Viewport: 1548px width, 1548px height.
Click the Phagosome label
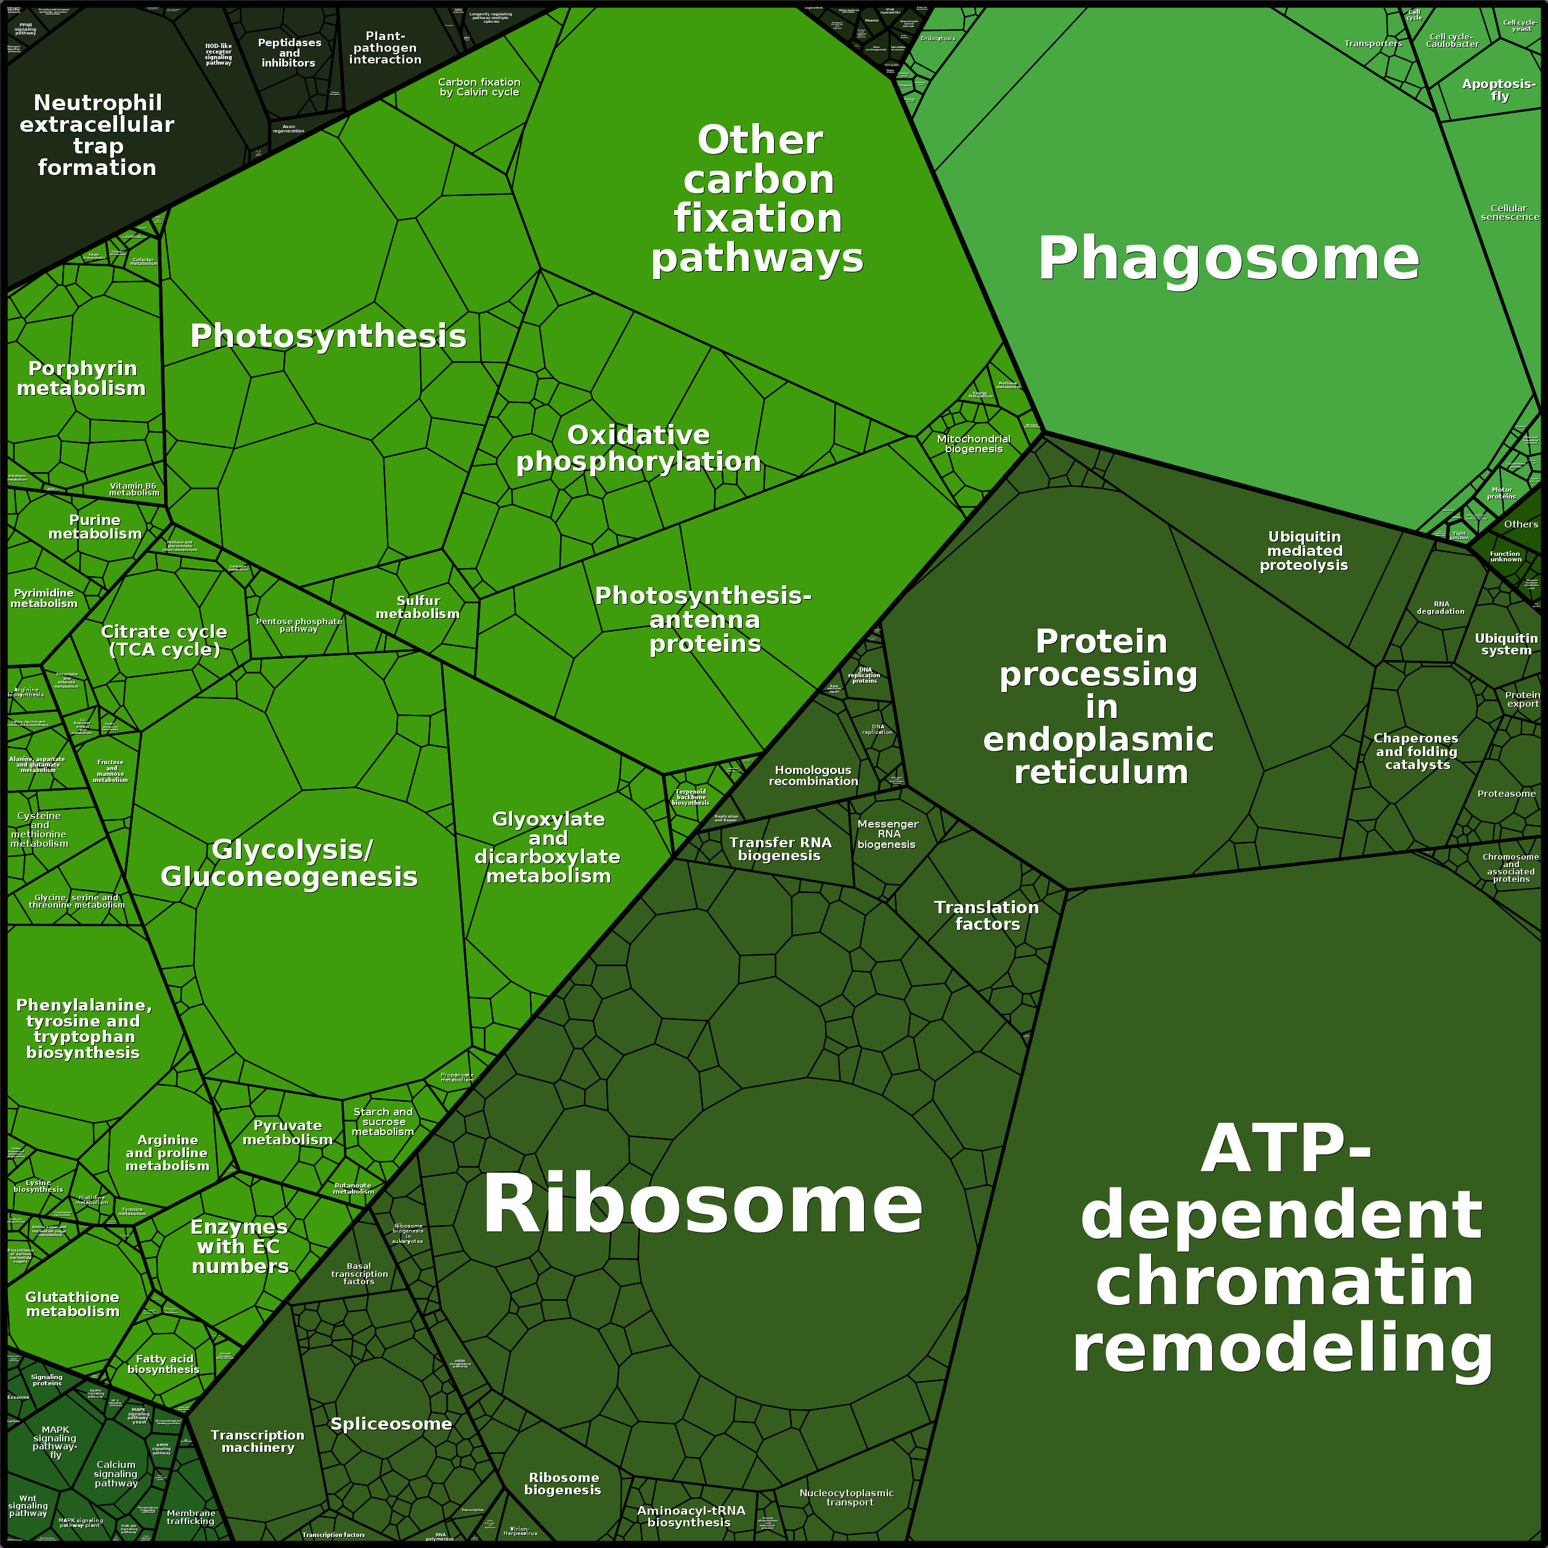click(1228, 259)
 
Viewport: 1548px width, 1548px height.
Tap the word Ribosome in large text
click(702, 1204)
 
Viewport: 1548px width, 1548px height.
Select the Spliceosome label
click(391, 1424)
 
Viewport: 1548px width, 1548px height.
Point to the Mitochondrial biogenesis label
click(974, 444)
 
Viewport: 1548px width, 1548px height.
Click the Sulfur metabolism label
click(417, 608)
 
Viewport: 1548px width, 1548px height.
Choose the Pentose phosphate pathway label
click(299, 625)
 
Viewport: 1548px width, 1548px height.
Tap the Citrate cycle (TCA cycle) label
click(165, 641)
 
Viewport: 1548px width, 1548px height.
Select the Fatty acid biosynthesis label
click(163, 1364)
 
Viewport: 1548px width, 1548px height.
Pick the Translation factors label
click(987, 915)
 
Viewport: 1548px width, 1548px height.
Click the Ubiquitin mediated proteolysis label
click(1303, 552)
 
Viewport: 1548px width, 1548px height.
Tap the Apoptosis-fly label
click(1498, 90)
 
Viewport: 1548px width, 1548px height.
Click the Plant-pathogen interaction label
click(385, 48)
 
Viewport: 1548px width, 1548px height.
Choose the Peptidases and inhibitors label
click(289, 53)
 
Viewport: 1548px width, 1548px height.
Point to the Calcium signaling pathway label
click(116, 1473)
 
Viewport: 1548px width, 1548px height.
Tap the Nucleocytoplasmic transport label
click(847, 1497)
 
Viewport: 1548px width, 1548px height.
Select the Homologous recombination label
click(813, 776)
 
